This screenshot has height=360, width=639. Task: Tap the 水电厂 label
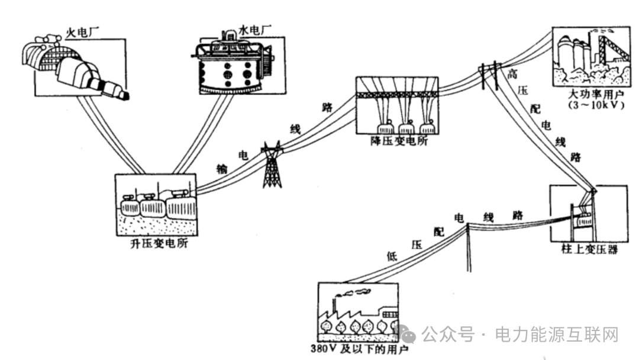239,28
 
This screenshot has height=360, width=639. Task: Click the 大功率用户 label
588,95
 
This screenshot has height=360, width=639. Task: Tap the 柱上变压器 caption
588,249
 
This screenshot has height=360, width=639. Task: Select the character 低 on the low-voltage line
391,256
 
